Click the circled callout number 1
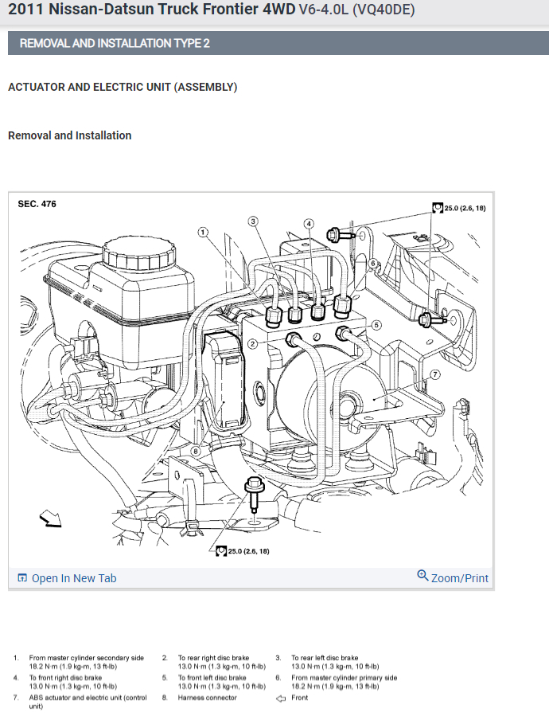(x=204, y=233)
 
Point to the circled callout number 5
(x=377, y=325)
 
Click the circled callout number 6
(x=372, y=264)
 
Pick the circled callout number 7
(x=434, y=374)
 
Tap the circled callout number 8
(x=196, y=452)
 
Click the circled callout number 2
(x=252, y=344)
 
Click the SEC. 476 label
(x=37, y=204)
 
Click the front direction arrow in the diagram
(x=51, y=519)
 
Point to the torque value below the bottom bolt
(x=247, y=551)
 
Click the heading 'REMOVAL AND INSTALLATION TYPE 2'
(x=115, y=43)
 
